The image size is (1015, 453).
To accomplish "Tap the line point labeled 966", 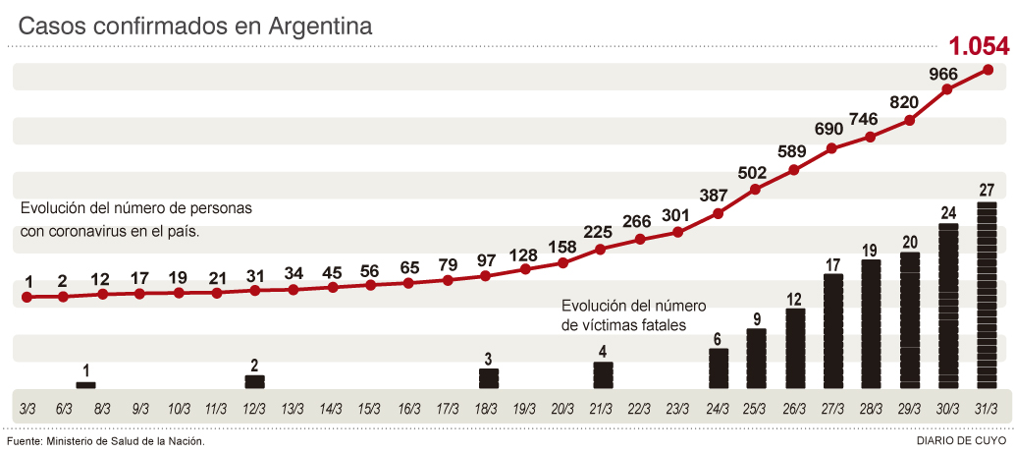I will [x=947, y=89].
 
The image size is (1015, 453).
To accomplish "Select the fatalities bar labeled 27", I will [x=987, y=294].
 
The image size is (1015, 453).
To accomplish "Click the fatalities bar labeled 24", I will [x=947, y=306].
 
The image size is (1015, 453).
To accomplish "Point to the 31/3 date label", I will [x=987, y=408].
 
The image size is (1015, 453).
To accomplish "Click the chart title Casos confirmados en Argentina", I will [x=196, y=27].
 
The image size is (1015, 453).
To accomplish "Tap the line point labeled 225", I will [x=601, y=249].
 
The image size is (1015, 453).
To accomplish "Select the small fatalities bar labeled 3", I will [x=489, y=378].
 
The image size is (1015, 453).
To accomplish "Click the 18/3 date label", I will [x=485, y=408].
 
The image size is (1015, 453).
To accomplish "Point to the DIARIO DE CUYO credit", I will [x=961, y=441].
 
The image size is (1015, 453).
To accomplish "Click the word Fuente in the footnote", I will [x=25, y=441].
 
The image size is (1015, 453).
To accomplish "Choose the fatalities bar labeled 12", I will [x=794, y=349].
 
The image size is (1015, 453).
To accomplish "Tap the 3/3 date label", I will [x=29, y=408].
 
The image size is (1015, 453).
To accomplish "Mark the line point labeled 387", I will [x=719, y=213].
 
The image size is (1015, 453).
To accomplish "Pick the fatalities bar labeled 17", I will [x=833, y=331].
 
